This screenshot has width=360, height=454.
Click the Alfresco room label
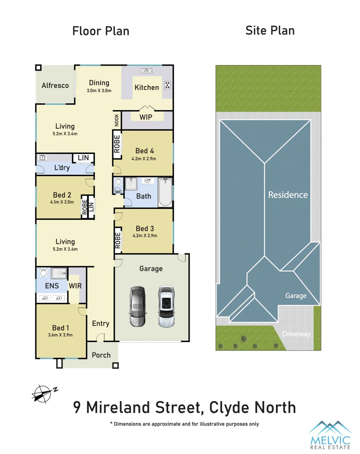[55, 85]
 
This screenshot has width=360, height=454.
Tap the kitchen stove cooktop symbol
[167, 85]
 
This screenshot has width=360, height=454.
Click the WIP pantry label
[146, 117]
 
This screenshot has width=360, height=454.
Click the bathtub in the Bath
[165, 193]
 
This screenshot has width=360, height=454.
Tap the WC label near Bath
[118, 192]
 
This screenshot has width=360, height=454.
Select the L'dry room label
[62, 168]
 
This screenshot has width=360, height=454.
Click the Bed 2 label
[62, 195]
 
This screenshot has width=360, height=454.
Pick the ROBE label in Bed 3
[118, 240]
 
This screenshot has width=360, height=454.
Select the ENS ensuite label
[52, 286]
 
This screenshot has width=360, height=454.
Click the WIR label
[75, 286]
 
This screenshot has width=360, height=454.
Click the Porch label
[101, 355]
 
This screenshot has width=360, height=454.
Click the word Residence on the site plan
[288, 195]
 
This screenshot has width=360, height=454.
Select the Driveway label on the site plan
[296, 334]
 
